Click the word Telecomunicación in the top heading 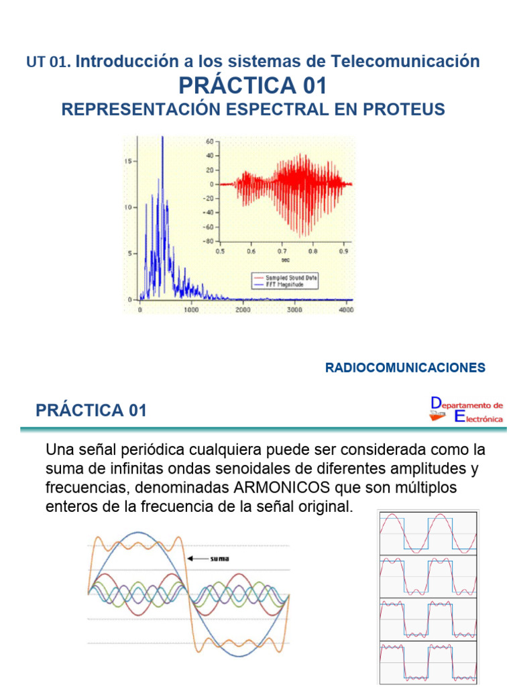click(x=405, y=62)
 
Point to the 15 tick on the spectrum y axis click(x=129, y=161)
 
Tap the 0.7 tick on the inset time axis click(x=281, y=252)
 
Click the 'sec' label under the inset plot click(x=285, y=259)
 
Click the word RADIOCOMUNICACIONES click(x=404, y=368)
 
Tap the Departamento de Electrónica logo click(x=467, y=410)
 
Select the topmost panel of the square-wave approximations click(x=428, y=533)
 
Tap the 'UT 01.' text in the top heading click(x=49, y=62)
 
